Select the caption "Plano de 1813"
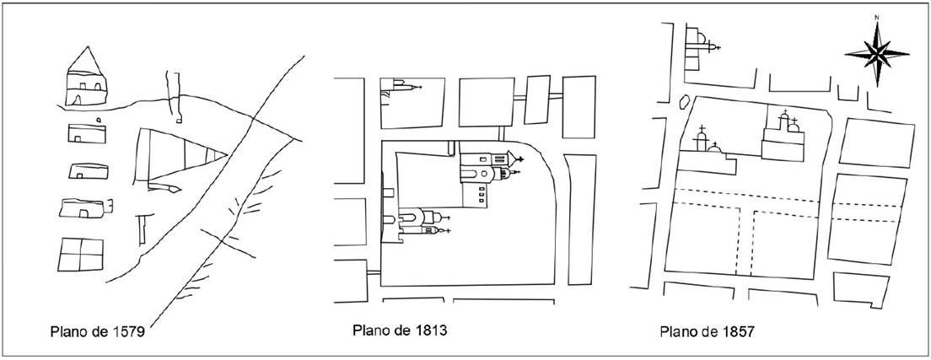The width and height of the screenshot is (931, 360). pos(399,329)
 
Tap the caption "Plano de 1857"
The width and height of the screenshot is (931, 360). pos(707,331)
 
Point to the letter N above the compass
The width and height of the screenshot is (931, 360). pos(877,18)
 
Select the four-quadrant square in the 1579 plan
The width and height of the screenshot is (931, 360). pos(82,254)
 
